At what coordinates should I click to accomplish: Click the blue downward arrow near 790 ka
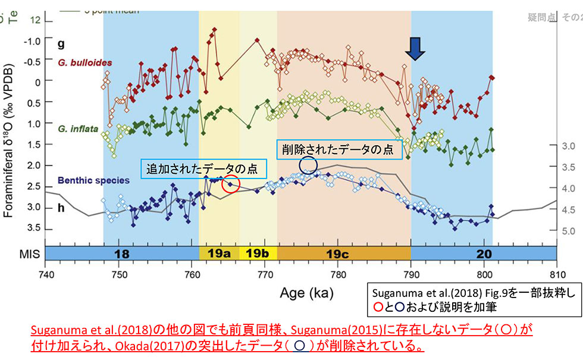pyautogui.click(x=416, y=49)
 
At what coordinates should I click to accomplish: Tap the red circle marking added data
pyautogui.click(x=230, y=184)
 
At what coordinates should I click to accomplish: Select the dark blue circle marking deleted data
pyautogui.click(x=308, y=165)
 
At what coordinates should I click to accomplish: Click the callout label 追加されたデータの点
pyautogui.click(x=202, y=169)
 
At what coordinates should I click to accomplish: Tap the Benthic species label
pyautogui.click(x=93, y=180)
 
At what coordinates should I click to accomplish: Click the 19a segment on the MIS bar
pyautogui.click(x=219, y=253)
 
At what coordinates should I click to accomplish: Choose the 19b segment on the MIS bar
pyautogui.click(x=258, y=253)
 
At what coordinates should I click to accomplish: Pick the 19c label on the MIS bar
pyautogui.click(x=344, y=253)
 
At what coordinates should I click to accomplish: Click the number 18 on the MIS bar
pyautogui.click(x=123, y=253)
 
